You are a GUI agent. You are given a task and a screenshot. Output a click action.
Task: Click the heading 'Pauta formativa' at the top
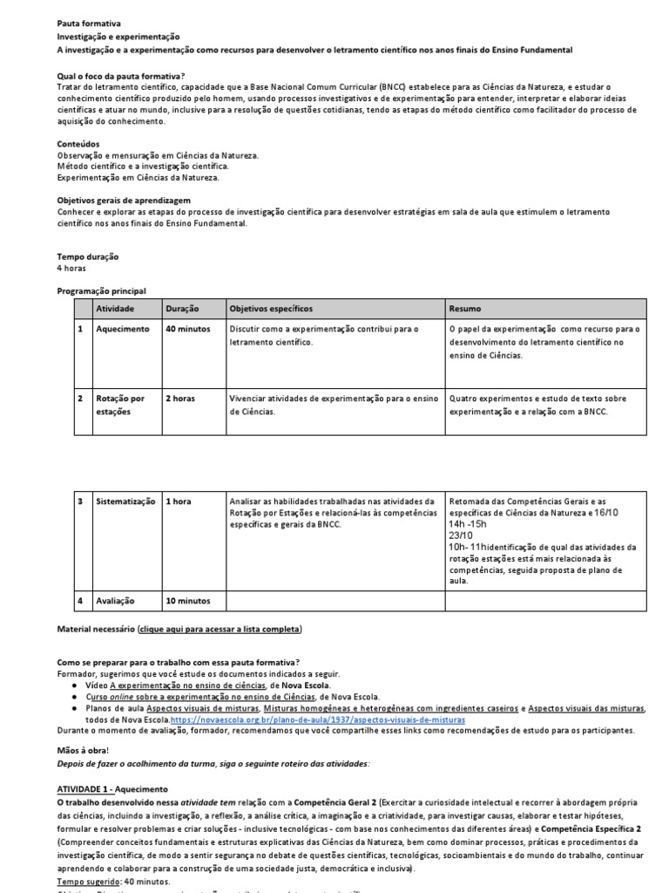coord(89,24)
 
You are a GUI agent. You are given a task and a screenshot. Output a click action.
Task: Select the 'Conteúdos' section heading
coord(78,144)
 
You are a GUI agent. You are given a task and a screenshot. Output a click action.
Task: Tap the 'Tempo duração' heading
coord(88,256)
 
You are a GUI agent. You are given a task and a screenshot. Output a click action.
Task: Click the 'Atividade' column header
coord(115,309)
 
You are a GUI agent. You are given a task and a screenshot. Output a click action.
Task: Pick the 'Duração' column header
coord(182,309)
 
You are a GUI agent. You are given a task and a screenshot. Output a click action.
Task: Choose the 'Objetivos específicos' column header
coord(270,309)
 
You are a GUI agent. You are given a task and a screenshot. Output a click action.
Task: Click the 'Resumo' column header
coord(464,309)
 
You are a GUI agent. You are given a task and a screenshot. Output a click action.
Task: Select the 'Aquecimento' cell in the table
coord(123,329)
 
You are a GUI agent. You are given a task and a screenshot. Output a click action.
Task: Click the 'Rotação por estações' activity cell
coord(120,405)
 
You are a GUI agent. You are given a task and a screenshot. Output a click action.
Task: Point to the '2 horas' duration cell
coord(180,399)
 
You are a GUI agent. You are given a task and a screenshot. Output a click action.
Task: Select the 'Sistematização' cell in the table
coord(125,501)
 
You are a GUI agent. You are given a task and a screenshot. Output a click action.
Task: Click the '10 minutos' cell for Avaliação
coord(188,601)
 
